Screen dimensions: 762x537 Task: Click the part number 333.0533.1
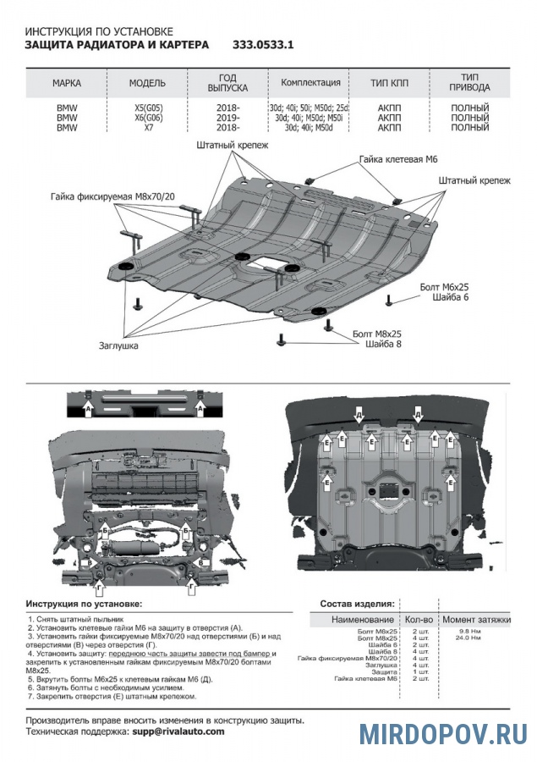pos(263,45)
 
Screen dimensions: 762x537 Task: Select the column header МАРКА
pos(66,84)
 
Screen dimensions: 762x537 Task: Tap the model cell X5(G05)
pos(147,108)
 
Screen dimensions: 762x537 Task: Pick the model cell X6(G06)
pos(147,118)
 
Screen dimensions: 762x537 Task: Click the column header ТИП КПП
pos(389,84)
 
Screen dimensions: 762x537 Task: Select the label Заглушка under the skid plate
pos(118,345)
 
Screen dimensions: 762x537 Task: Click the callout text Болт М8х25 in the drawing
pos(377,334)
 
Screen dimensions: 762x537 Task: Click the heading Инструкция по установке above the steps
pos(85,605)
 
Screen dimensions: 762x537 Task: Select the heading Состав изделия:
pos(356,605)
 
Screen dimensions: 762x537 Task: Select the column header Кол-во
pos(419,620)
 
